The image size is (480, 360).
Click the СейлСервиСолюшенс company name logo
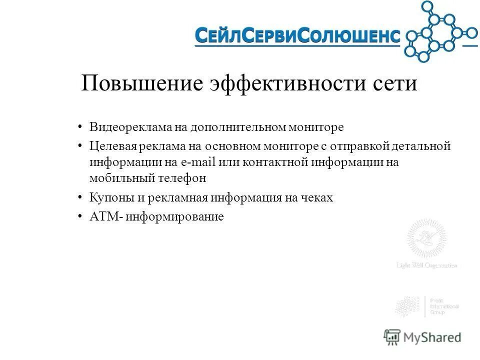click(x=297, y=35)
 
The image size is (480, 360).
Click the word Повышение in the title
click(x=142, y=83)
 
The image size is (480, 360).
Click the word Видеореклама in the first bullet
click(x=130, y=127)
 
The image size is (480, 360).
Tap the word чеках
click(x=315, y=197)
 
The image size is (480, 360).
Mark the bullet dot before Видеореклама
click(x=80, y=127)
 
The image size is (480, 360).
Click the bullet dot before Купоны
click(x=80, y=197)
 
